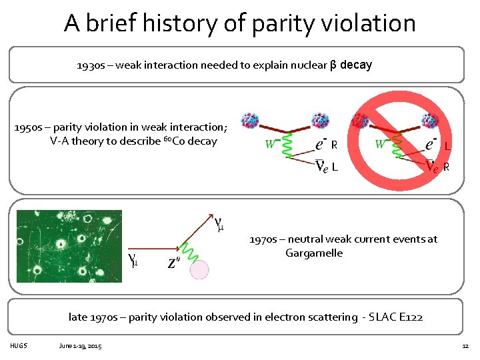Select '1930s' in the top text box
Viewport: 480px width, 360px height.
(x=89, y=66)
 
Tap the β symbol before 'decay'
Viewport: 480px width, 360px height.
(x=333, y=65)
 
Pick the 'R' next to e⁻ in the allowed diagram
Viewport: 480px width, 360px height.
(x=334, y=145)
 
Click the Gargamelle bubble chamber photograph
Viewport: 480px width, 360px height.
(x=69, y=246)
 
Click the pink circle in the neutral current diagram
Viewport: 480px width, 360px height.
(x=199, y=269)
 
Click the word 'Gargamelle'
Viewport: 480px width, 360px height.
(x=313, y=253)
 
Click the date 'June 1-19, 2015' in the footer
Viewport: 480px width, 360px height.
(x=80, y=347)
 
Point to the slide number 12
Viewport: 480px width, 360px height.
(x=465, y=347)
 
